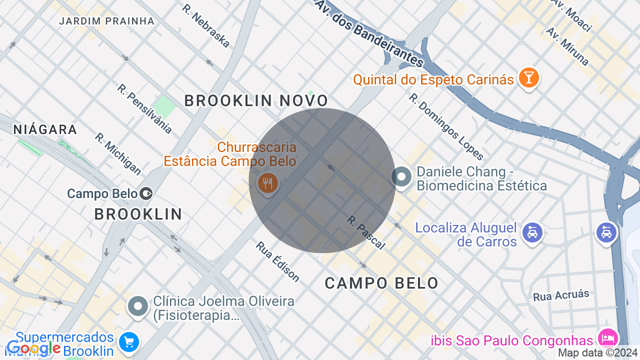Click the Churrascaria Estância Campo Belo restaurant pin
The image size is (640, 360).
click(268, 183)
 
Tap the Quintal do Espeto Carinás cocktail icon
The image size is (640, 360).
click(528, 78)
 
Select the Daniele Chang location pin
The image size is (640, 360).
click(401, 176)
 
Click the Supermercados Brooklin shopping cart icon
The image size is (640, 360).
click(129, 342)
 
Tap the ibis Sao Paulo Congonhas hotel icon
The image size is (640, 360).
click(607, 337)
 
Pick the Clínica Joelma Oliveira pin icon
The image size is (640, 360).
click(138, 305)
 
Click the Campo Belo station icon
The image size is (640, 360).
click(146, 193)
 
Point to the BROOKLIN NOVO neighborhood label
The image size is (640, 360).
click(256, 100)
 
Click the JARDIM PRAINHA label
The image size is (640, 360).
click(107, 21)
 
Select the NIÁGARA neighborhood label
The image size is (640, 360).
click(45, 129)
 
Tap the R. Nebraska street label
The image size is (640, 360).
click(206, 26)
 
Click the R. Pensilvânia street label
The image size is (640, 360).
click(144, 108)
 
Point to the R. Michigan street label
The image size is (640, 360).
click(118, 153)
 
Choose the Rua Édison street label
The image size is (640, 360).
click(277, 261)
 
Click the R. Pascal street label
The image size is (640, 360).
click(366, 232)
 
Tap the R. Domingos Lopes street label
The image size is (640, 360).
click(446, 126)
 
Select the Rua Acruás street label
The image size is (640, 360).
click(561, 295)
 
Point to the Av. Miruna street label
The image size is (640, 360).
click(567, 46)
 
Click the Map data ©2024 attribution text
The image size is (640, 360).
click(598, 353)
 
